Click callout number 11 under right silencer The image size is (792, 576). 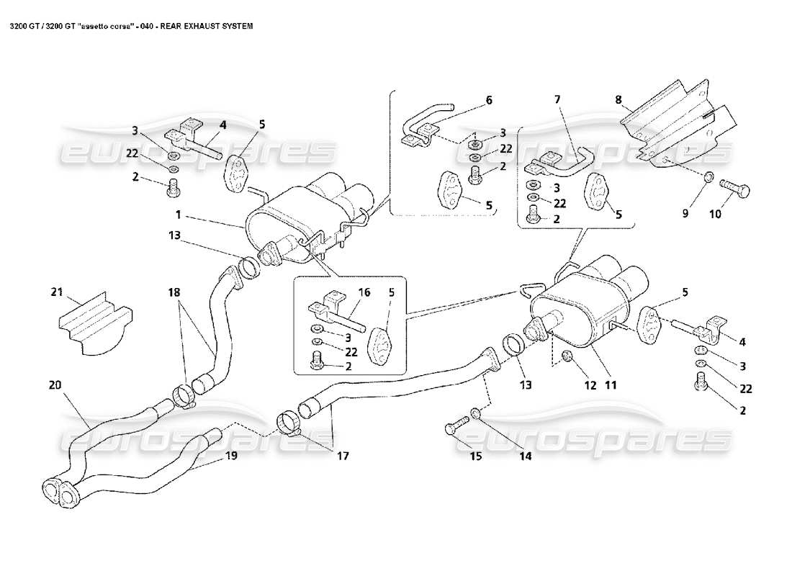click(x=611, y=385)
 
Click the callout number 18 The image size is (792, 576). click(x=176, y=293)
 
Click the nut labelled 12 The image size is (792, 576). click(x=566, y=355)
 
